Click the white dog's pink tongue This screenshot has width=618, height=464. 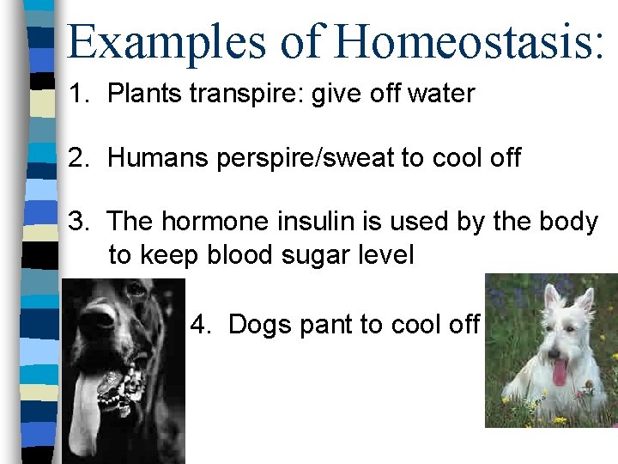[559, 372]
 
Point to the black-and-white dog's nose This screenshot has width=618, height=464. [99, 320]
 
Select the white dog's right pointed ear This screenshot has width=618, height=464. [586, 299]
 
